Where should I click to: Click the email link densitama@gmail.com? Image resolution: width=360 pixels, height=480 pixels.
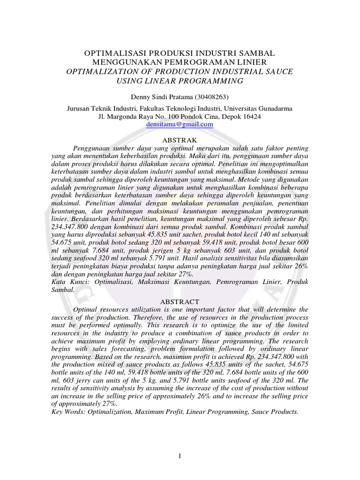[x=180, y=125]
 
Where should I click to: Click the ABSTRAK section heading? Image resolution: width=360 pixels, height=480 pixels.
[x=180, y=140]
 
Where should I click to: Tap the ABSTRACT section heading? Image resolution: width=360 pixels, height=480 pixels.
[x=180, y=302]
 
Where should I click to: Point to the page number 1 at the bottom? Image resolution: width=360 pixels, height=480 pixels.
[x=180, y=457]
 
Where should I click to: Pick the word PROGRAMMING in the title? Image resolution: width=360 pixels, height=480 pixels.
[x=214, y=81]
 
